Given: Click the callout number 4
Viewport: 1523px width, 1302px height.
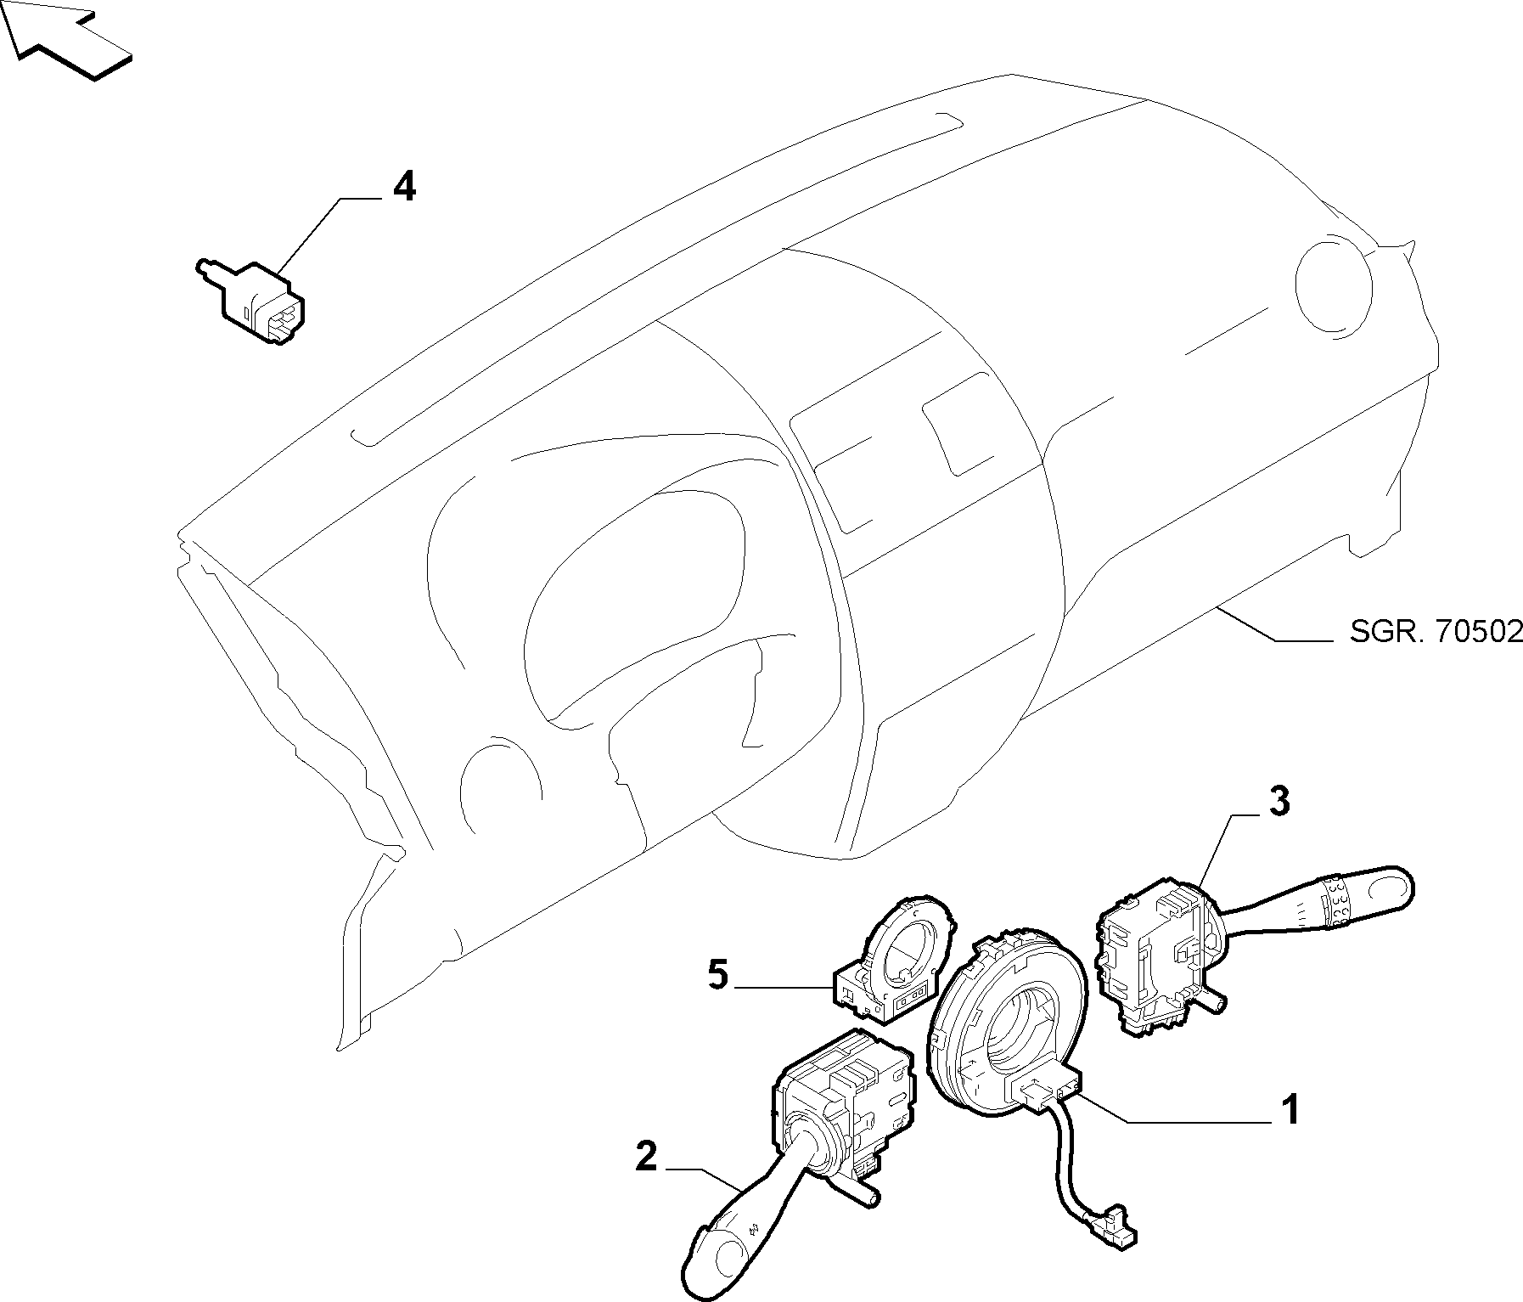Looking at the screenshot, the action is pyautogui.click(x=404, y=187).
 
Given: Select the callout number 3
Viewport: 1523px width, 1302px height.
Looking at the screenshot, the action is pyautogui.click(x=1279, y=801).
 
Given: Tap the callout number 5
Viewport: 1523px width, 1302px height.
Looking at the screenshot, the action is pyautogui.click(x=718, y=976).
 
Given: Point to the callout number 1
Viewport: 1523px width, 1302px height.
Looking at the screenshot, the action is pyautogui.click(x=1290, y=1109).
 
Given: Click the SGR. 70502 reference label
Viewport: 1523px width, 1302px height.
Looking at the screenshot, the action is pyautogui.click(x=1436, y=631).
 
